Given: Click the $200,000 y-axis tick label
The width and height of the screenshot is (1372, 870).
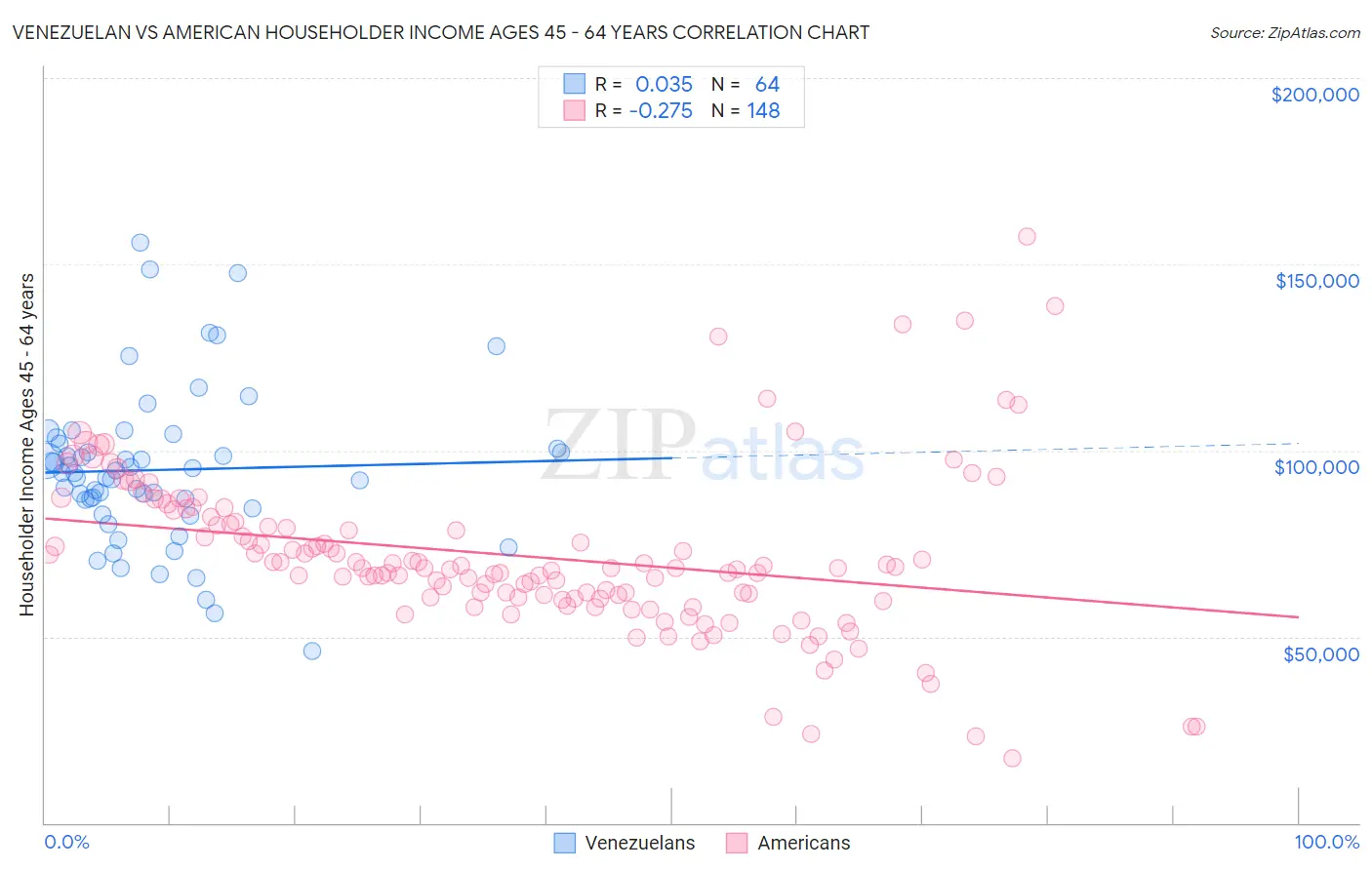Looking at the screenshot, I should tap(1314, 95).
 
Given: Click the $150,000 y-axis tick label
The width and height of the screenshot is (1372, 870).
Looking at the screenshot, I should tap(1316, 281).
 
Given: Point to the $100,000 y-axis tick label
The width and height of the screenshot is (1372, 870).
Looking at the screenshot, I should tap(1316, 467).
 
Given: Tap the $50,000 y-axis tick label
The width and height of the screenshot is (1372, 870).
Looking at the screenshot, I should tap(1320, 653).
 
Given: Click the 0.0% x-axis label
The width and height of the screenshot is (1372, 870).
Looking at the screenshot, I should tap(66, 842).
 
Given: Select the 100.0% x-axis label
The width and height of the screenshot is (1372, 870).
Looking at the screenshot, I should tap(1326, 842).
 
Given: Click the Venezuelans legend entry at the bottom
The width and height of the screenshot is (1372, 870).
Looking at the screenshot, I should tap(625, 843).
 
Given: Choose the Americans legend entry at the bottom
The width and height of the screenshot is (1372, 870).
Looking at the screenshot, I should tap(788, 843).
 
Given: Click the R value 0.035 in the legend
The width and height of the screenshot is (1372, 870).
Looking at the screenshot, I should tap(664, 85).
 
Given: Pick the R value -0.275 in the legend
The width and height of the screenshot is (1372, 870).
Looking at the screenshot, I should tap(661, 111).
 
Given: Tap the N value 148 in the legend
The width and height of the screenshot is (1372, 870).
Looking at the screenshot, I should tap(763, 111).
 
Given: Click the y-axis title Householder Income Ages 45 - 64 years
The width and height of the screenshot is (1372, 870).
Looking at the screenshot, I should tap(26, 444).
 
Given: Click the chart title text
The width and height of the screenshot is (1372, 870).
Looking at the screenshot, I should tap(441, 32).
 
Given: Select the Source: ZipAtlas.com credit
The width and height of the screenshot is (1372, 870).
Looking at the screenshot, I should tap(1284, 32).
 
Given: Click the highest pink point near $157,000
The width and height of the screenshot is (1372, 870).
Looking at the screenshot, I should tap(1027, 236).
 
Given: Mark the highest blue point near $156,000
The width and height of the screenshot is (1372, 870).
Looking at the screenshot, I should tap(140, 243).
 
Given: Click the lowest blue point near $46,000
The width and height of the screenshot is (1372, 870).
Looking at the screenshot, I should tap(312, 651).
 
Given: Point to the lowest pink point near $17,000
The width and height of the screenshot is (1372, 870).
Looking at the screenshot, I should tap(1012, 758).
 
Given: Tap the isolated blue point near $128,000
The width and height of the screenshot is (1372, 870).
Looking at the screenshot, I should tap(496, 346).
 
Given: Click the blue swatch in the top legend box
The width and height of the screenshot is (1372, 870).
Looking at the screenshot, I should tap(574, 85).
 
